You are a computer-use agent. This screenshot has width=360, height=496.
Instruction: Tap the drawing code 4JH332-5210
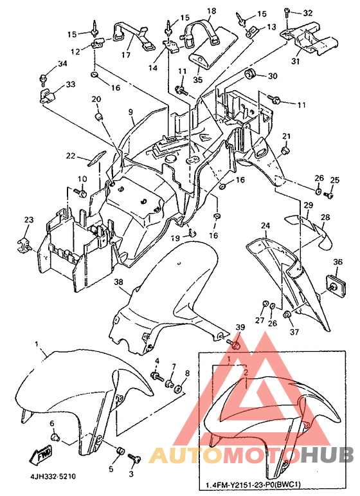pos(53,477)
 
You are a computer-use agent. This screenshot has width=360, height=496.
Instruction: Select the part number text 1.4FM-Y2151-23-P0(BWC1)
pos(253,485)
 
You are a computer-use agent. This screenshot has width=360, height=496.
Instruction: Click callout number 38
pos(118,282)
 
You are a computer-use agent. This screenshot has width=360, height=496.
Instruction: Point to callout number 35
pos(197,79)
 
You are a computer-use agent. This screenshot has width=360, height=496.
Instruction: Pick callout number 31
pos(295,60)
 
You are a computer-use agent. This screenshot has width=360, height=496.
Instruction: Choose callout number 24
pos(265,226)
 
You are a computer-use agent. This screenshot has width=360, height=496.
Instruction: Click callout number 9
pos(130,112)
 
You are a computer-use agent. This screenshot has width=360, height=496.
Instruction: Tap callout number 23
pos(29,219)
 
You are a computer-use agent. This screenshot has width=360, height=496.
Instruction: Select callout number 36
pos(338,262)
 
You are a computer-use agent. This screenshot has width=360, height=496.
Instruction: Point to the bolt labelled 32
pos(287,12)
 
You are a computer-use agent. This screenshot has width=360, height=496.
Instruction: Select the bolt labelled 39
pos(233,344)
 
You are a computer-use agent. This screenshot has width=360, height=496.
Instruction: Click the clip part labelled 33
pos(48,95)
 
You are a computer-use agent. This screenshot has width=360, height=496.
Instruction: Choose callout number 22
pos(71,156)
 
